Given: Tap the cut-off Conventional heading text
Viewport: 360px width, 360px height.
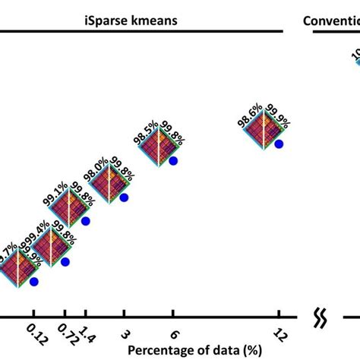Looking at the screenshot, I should point(331,21).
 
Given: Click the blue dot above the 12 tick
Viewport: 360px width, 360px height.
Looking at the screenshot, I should point(279,143).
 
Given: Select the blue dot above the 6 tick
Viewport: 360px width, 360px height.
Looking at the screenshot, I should point(173,161).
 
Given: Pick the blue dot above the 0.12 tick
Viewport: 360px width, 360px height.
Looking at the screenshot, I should point(34,282).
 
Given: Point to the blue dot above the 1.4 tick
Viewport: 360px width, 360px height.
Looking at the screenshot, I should point(86,221).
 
